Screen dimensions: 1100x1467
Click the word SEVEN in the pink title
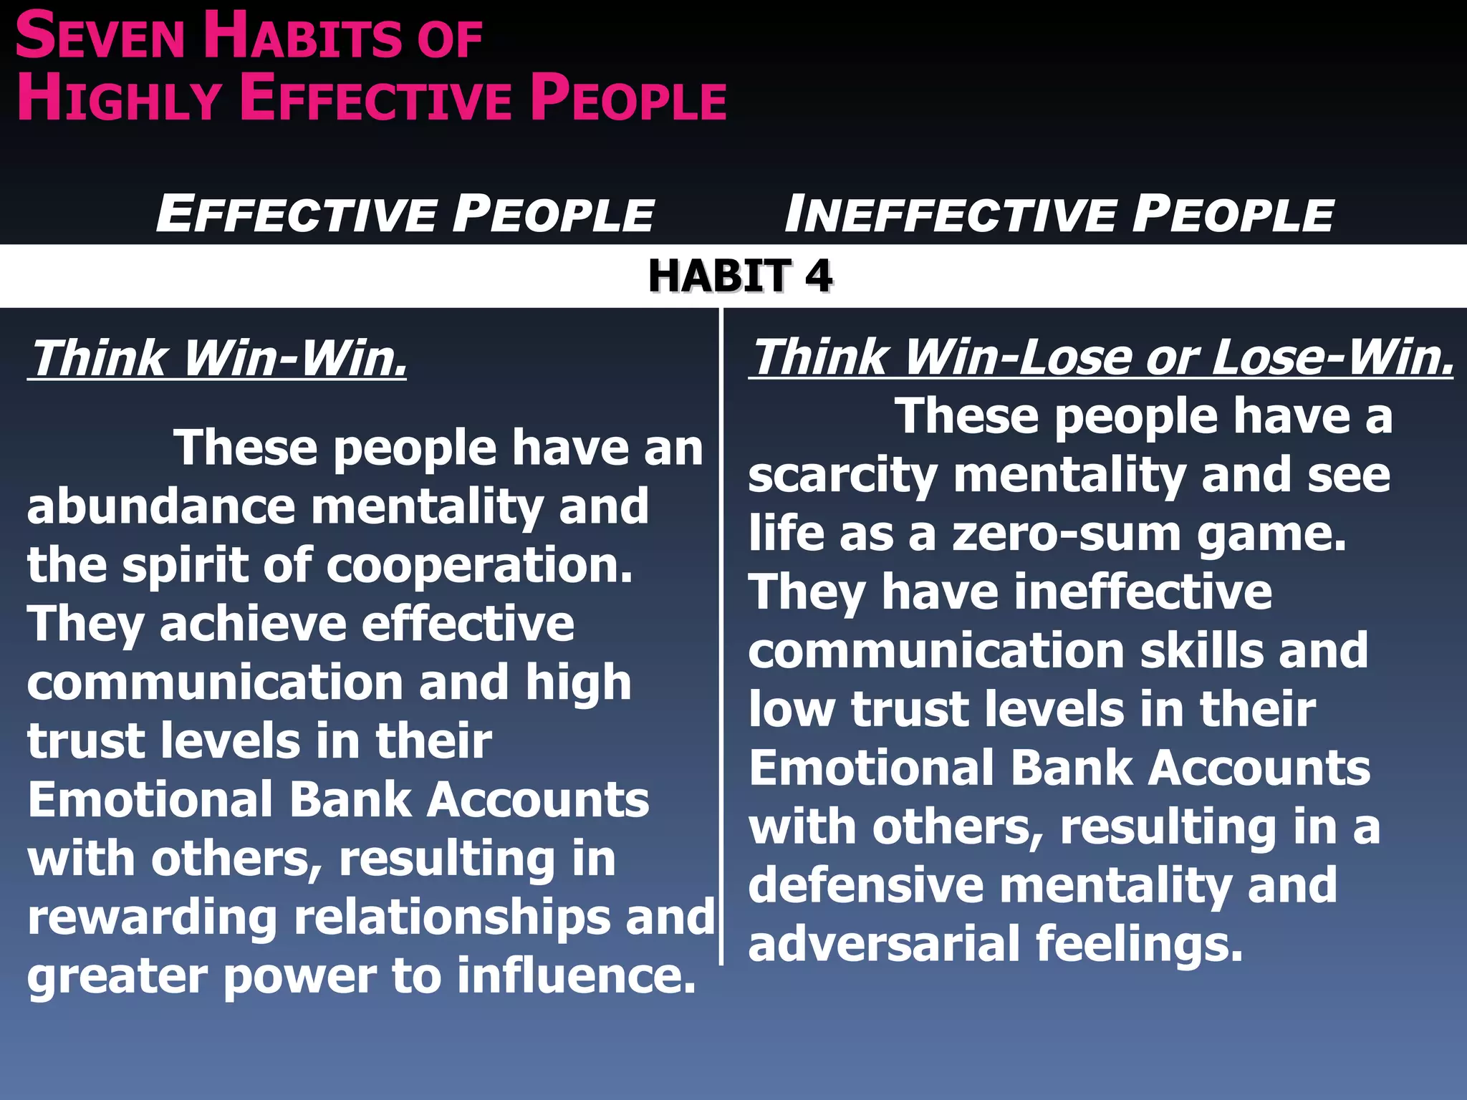[100, 37]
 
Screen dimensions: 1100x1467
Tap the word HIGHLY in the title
[118, 98]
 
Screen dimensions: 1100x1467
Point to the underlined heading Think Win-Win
[218, 357]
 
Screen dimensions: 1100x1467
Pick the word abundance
[161, 506]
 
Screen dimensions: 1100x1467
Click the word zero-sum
[1067, 534]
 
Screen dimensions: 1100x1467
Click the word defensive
[866, 885]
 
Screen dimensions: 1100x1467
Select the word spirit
[182, 566]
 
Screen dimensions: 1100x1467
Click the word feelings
[1139, 944]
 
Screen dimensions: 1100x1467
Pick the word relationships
[451, 917]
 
